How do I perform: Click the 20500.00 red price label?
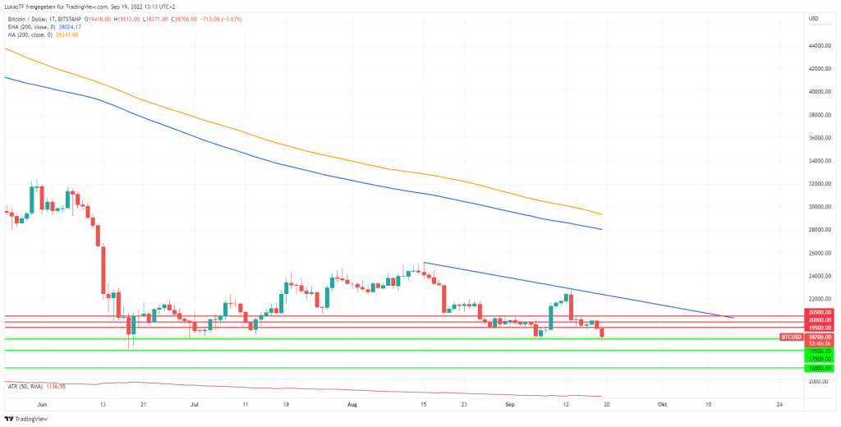point(820,312)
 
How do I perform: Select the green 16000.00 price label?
point(820,368)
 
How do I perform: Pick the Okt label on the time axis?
point(662,405)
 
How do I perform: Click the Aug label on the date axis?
point(352,405)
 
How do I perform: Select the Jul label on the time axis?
point(194,405)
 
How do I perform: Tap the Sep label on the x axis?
point(510,405)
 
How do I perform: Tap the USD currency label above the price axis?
point(814,18)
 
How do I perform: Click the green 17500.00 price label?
point(820,359)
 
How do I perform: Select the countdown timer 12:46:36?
point(820,343)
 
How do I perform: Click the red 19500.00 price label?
point(820,328)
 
